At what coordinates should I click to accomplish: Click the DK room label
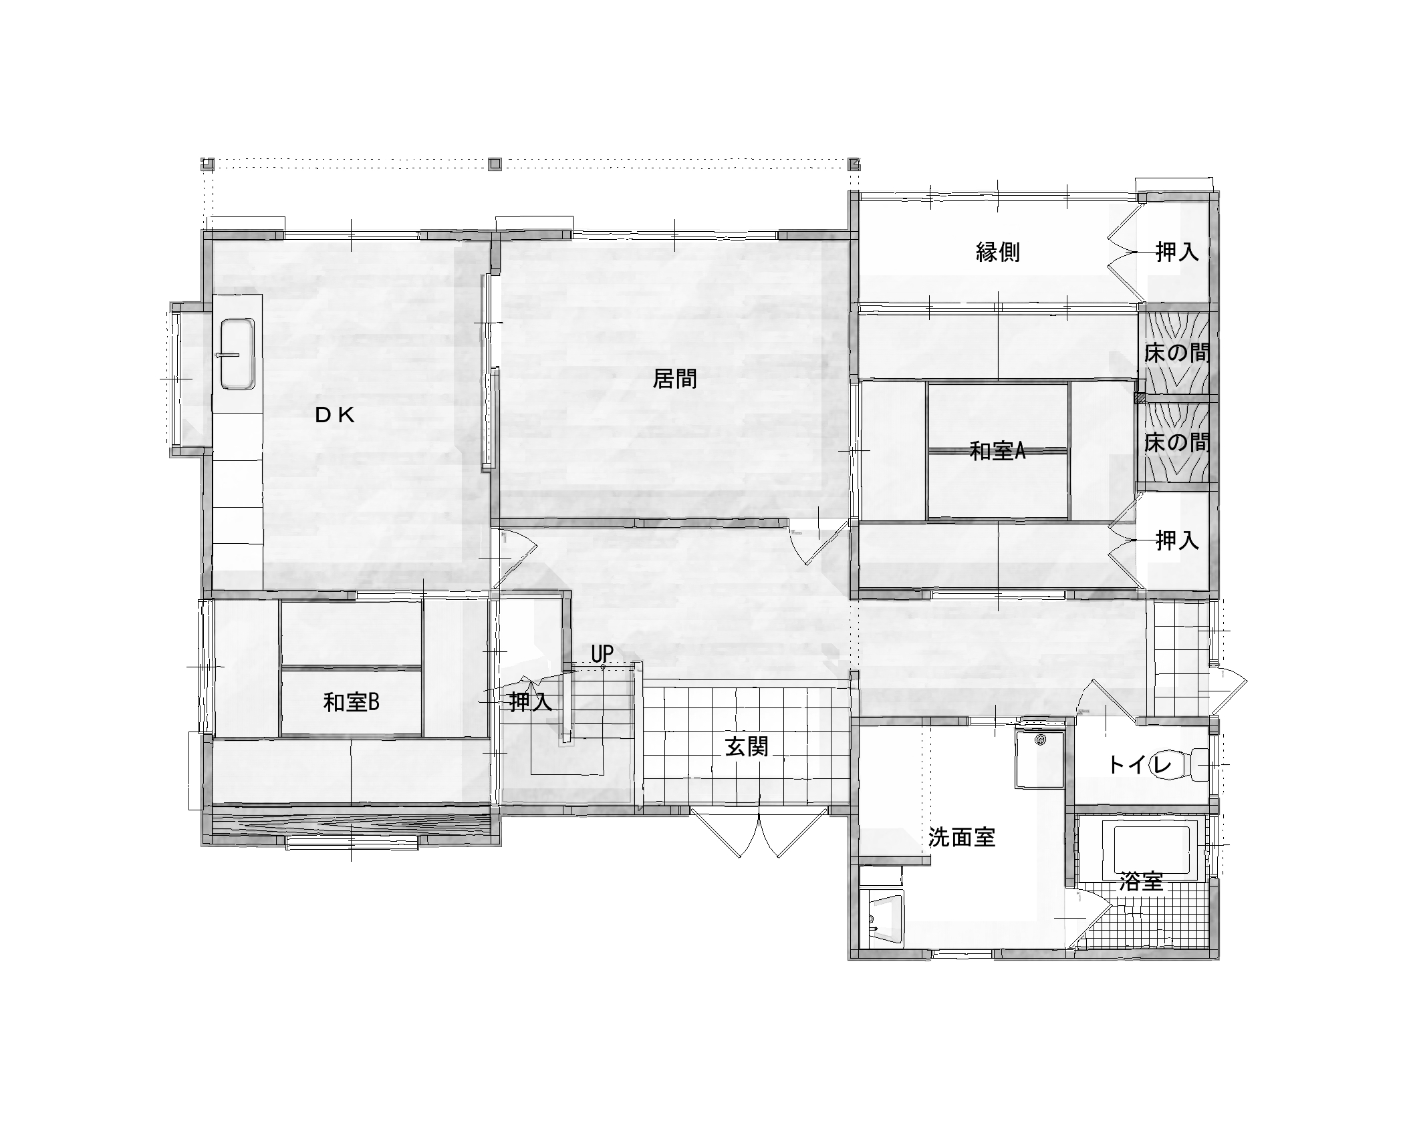[x=335, y=416]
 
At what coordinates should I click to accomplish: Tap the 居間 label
[x=674, y=379]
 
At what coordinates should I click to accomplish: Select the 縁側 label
[x=998, y=252]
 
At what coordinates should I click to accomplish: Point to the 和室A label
[x=997, y=452]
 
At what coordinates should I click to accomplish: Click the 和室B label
[x=351, y=702]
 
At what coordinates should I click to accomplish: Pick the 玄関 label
[x=747, y=746]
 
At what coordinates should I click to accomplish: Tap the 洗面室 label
[x=962, y=837]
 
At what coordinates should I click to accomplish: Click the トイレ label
[x=1140, y=765]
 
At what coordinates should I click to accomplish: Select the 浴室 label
[x=1141, y=882]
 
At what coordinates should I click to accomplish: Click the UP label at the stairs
[x=602, y=653]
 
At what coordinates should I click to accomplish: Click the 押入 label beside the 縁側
[x=1178, y=252]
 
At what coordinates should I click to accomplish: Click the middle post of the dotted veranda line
[x=495, y=164]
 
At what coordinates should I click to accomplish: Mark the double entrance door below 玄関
[x=760, y=833]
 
